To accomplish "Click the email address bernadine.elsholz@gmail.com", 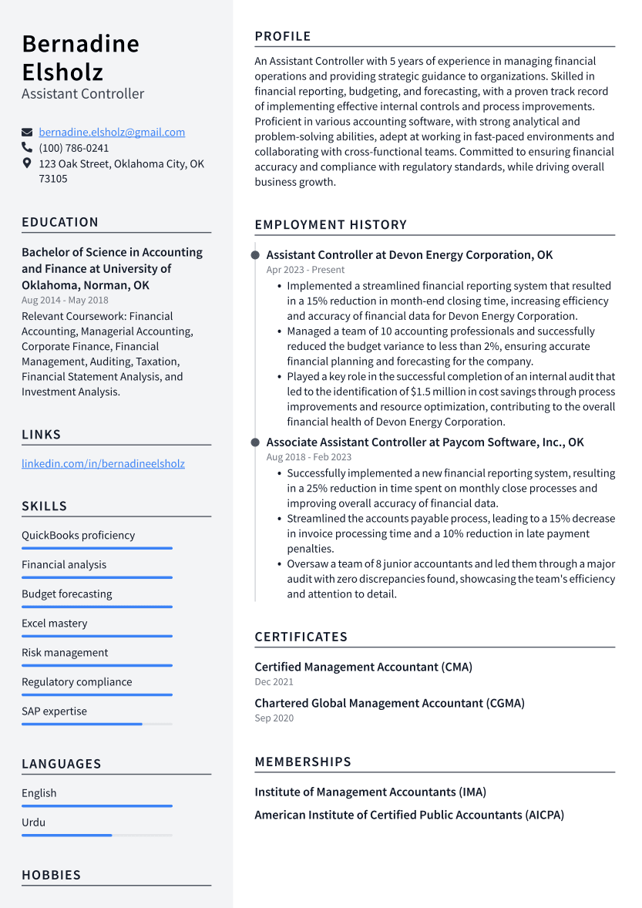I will coord(112,133).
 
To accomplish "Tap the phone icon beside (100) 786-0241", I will coord(27,148).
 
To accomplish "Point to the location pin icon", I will coord(27,163).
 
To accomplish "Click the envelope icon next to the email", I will coord(27,133).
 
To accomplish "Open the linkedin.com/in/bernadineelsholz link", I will coord(103,464).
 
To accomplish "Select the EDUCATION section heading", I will coord(60,222).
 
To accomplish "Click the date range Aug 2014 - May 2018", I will coord(65,301).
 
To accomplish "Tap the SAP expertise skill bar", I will coord(96,724).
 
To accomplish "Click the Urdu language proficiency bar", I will coord(96,835).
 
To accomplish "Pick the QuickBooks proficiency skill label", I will coord(78,536).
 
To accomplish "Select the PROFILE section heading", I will coord(283,36).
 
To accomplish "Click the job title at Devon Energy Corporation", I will coord(409,255).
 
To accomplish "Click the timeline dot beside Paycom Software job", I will coord(255,442).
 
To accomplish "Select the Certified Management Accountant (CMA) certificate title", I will coord(363,667).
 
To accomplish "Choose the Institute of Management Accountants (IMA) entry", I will coord(370,792).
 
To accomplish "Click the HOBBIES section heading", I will coord(51,875).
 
